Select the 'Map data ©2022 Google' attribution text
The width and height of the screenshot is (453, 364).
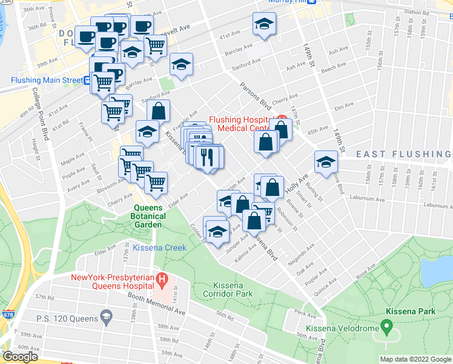pos(415,359)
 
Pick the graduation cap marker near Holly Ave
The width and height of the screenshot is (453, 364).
pos(326,161)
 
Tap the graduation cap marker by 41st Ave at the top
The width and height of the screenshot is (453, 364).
pos(264,24)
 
